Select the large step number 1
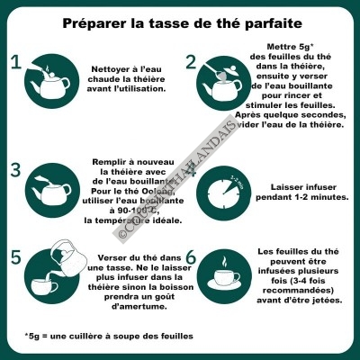click(x=14, y=62)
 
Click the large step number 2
click(x=191, y=62)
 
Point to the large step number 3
click(x=14, y=170)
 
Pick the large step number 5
click(x=14, y=257)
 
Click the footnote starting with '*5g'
click(x=108, y=337)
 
